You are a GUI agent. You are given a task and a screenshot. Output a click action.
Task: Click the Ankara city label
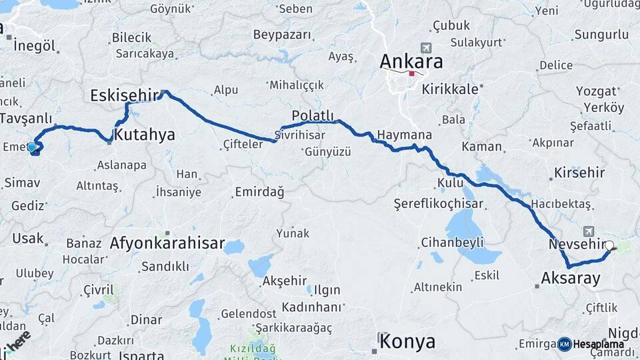pyautogui.click(x=411, y=61)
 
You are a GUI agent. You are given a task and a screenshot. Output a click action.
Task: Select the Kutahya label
pyautogui.click(x=145, y=135)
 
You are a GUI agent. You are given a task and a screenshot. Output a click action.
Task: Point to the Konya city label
pyautogui.click(x=407, y=342)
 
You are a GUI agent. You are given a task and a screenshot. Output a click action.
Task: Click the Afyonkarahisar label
pyautogui.click(x=167, y=243)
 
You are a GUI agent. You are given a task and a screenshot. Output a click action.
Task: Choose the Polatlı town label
pyautogui.click(x=313, y=115)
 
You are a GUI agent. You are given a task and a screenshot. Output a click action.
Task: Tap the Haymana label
pyautogui.click(x=404, y=135)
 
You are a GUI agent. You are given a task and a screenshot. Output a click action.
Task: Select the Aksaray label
pyautogui.click(x=571, y=278)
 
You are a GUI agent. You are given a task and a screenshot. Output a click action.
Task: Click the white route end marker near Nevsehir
pyautogui.click(x=609, y=245)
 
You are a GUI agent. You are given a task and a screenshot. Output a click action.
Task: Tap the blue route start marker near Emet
pyautogui.click(x=31, y=147)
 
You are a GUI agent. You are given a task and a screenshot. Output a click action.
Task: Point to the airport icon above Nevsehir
pyautogui.click(x=589, y=231)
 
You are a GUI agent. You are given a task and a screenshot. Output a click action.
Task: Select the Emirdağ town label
pyautogui.click(x=259, y=192)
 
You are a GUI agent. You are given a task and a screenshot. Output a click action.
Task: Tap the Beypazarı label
pyautogui.click(x=283, y=34)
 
